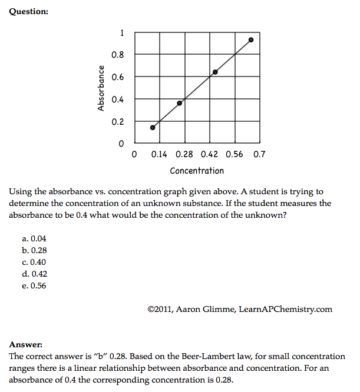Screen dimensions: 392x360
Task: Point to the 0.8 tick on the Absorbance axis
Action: click(118, 55)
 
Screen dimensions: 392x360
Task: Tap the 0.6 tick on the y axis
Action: click(118, 77)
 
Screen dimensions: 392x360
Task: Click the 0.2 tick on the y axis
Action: click(118, 122)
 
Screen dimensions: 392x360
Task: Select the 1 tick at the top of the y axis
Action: click(121, 33)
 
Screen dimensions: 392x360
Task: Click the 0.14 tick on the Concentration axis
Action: click(159, 154)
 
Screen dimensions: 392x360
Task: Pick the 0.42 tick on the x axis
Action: click(209, 154)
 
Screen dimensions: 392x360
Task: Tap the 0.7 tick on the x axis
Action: click(259, 154)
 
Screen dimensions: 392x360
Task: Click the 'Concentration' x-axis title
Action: click(197, 171)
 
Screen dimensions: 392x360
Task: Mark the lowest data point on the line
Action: click(153, 127)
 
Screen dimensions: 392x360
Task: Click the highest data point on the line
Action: click(251, 40)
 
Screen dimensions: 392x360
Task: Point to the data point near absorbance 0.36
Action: click(180, 103)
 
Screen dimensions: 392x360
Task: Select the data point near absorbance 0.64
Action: click(215, 72)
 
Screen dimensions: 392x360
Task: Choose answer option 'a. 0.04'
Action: click(34, 239)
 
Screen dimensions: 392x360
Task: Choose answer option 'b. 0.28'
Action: click(34, 251)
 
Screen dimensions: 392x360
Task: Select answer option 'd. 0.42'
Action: click(34, 274)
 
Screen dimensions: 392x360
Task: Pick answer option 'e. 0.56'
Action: click(34, 286)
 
